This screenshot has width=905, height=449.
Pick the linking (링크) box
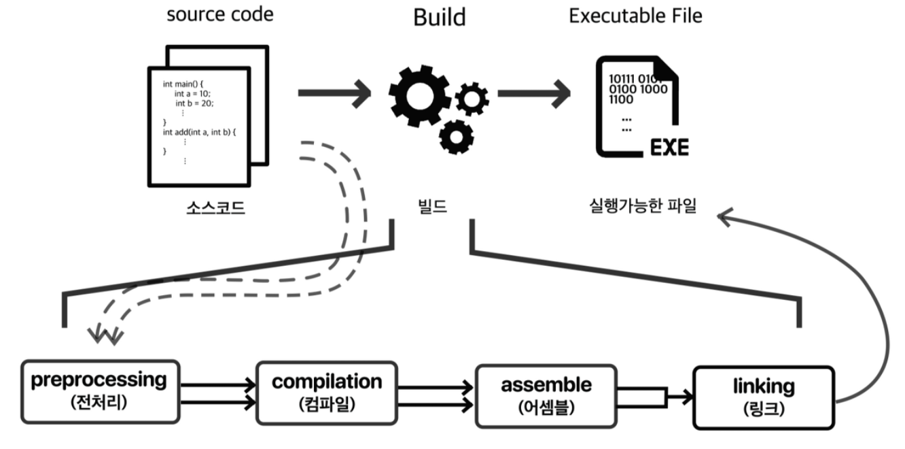pyautogui.click(x=763, y=397)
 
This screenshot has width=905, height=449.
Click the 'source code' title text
pyautogui.click(x=220, y=15)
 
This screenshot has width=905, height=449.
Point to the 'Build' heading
pyautogui.click(x=440, y=18)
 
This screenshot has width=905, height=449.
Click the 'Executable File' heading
pyautogui.click(x=635, y=16)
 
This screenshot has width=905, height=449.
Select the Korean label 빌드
pyautogui.click(x=431, y=206)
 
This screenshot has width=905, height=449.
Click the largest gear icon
pyautogui.click(x=419, y=95)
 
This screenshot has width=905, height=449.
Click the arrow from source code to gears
pyautogui.click(x=334, y=92)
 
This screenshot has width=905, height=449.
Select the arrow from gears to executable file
pyautogui.click(x=533, y=92)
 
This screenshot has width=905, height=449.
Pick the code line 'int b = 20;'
pyautogui.click(x=194, y=103)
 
